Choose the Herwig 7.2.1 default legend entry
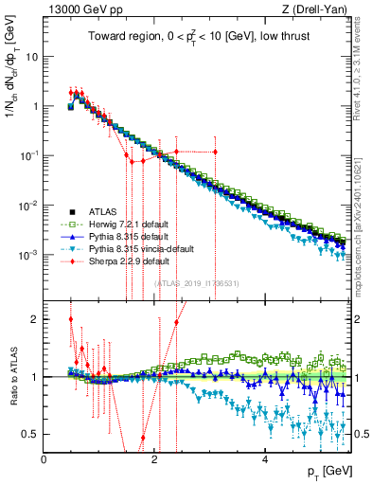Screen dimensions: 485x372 (122, 224)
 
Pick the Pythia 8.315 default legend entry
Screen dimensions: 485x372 (121, 236)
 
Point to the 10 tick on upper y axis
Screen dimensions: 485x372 (33, 56)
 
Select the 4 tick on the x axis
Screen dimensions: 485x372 (265, 460)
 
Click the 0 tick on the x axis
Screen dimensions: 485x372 (44, 460)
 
